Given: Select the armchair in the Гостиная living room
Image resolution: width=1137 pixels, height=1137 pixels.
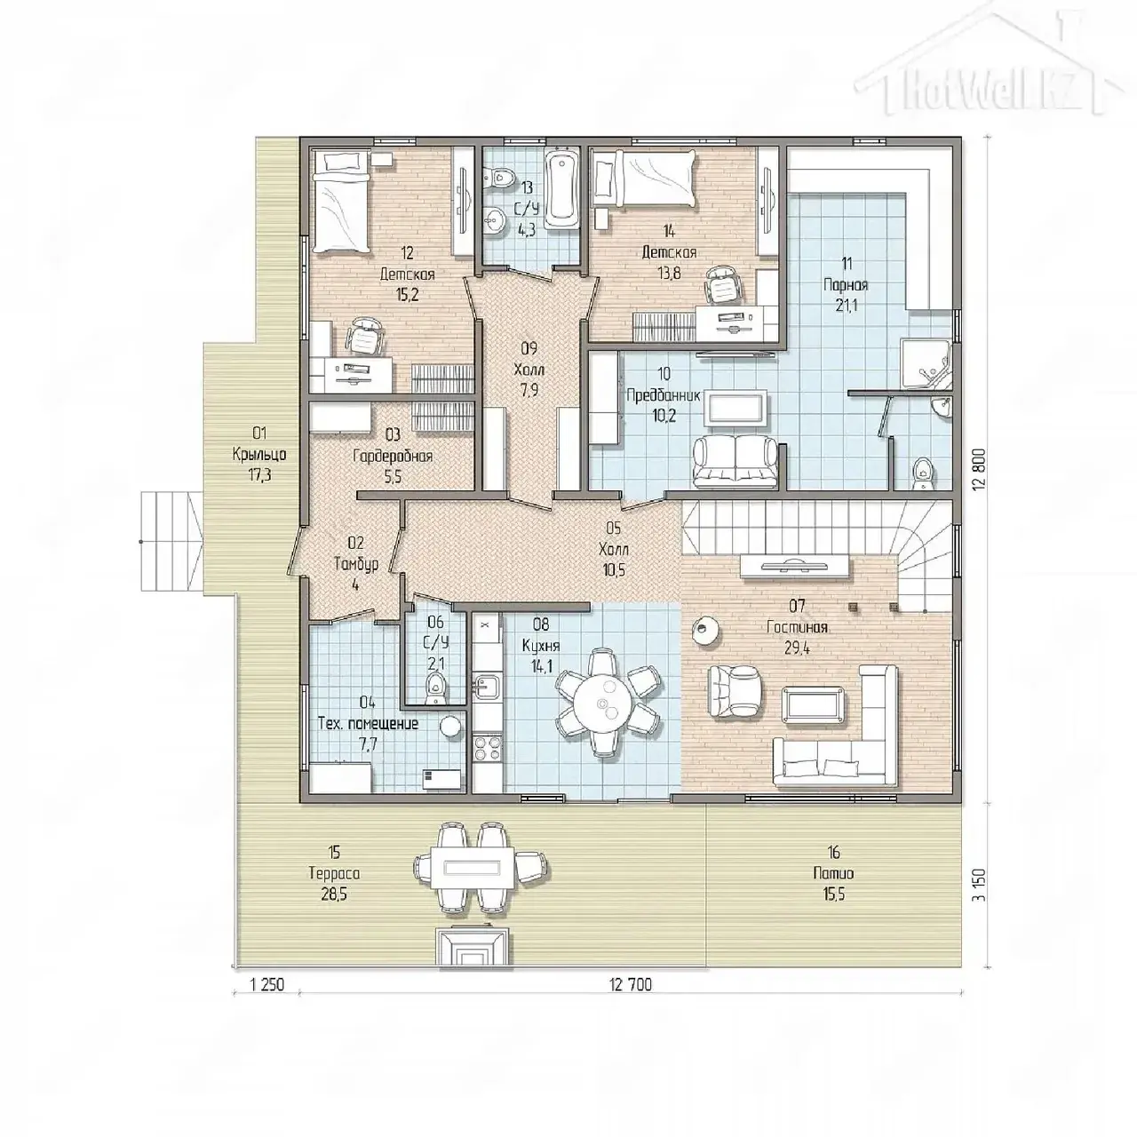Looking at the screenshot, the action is [735, 691].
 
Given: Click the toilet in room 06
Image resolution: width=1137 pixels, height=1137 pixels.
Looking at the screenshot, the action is [435, 689].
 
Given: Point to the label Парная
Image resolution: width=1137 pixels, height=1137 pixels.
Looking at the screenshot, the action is [846, 285].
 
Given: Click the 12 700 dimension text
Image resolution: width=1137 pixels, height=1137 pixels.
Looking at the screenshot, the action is [631, 985].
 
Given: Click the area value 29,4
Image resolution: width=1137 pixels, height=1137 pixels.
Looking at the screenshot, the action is [797, 648].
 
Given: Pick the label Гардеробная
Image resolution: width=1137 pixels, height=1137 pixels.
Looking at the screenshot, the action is [393, 456].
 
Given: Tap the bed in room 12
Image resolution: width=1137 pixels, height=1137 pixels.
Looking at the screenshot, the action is [340, 202].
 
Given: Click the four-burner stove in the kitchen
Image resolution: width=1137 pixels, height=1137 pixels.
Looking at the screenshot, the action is [488, 748].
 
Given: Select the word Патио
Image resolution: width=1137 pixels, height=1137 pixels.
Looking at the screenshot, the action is [833, 873].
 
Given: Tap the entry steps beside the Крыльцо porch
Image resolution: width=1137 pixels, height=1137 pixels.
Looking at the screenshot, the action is [171, 541].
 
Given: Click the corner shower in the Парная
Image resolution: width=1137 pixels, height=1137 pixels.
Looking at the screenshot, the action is [925, 363].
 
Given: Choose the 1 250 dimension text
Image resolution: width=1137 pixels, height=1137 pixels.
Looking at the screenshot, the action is [266, 985].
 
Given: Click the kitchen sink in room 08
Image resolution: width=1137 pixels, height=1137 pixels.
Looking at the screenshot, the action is [486, 687].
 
